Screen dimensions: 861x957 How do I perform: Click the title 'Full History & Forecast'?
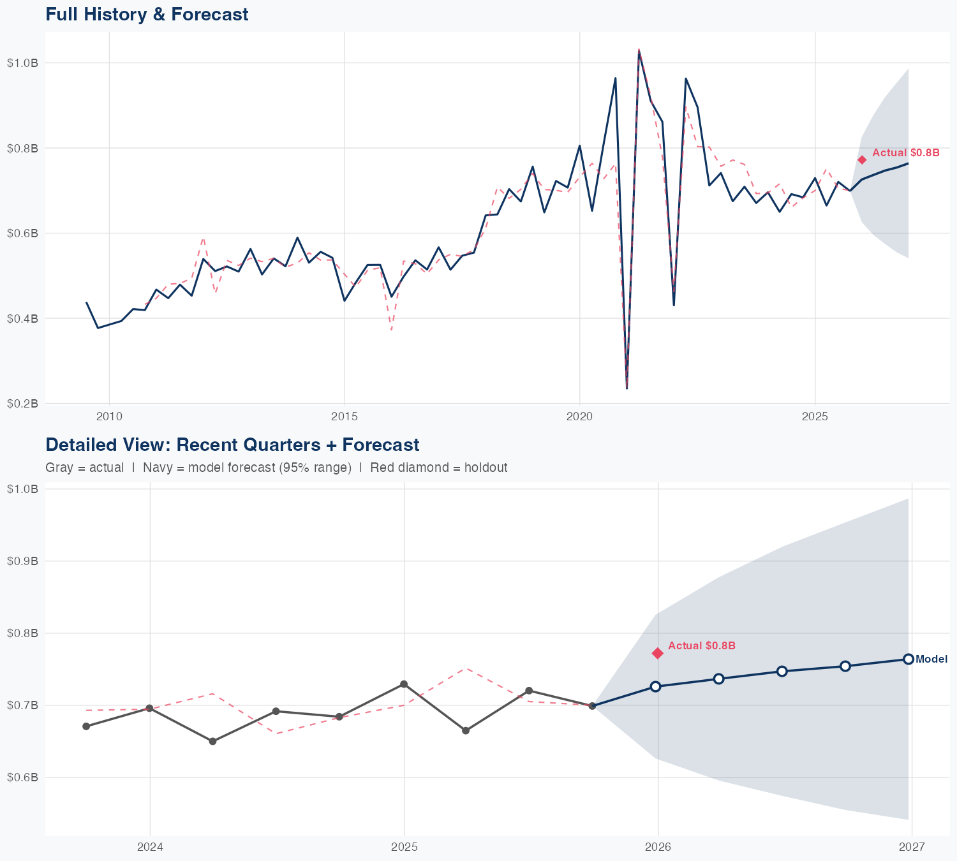[147, 14]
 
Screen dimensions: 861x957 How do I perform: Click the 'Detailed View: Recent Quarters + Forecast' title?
[232, 445]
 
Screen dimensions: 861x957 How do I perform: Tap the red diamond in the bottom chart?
[658, 653]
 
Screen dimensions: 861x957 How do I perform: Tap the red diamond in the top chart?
[862, 159]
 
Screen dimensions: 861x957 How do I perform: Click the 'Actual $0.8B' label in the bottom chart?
[702, 645]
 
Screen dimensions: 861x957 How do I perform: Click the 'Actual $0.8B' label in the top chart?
[906, 152]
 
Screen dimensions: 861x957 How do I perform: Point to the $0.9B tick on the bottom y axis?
[22, 561]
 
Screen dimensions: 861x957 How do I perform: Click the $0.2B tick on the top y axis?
[22, 403]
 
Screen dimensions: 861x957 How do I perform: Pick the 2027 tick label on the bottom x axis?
[912, 847]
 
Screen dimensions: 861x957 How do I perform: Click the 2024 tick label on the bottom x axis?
[150, 847]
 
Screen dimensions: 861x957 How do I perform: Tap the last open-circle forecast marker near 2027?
[909, 659]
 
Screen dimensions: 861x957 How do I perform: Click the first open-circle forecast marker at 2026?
[655, 686]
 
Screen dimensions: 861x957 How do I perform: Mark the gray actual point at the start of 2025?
[404, 684]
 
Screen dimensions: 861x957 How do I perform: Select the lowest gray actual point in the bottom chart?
[213, 741]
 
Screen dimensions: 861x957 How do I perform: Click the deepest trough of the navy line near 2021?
[627, 388]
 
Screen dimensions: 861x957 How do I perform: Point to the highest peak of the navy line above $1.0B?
[639, 51]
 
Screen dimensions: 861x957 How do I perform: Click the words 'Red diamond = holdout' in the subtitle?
[439, 467]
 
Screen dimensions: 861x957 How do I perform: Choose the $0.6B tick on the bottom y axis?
[22, 777]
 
